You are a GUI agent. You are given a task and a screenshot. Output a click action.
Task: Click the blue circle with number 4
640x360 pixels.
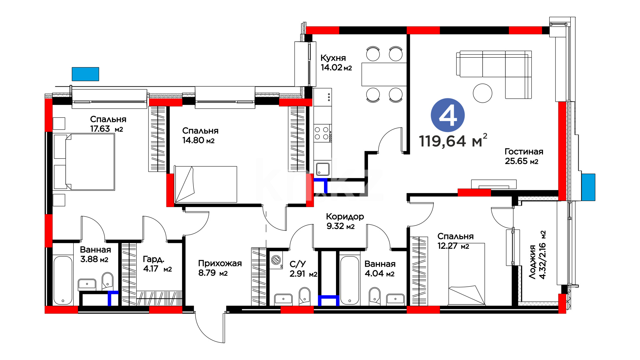(448, 115)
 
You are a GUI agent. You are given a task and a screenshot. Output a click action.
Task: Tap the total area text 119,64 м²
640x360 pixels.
(453, 140)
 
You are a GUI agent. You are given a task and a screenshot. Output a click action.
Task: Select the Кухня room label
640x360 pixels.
(333, 58)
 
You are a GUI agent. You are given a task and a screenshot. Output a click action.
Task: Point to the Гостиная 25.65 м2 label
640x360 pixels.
(524, 156)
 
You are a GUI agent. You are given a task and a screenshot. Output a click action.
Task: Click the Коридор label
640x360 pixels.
(345, 217)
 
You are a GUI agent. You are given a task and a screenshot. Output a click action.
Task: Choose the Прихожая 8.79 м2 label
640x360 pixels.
(220, 268)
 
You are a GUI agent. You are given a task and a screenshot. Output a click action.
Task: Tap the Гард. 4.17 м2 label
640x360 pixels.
(157, 264)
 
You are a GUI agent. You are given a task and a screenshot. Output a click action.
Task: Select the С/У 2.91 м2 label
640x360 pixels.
(303, 269)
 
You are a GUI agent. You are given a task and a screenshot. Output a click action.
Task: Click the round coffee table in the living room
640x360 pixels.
(482, 93)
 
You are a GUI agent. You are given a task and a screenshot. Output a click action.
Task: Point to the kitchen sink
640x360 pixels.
(322, 169)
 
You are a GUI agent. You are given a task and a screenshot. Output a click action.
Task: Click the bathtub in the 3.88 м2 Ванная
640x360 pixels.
(63, 280)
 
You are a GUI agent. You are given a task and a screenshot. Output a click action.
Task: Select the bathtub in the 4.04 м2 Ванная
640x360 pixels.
(349, 280)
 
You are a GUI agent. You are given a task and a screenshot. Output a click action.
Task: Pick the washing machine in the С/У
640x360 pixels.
(276, 260)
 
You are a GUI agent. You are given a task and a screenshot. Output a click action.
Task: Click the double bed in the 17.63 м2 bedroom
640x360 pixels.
(84, 162)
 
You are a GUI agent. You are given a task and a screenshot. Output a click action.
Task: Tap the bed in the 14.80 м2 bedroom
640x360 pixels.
(206, 184)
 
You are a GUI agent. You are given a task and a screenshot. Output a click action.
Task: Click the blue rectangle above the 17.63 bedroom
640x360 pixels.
(85, 74)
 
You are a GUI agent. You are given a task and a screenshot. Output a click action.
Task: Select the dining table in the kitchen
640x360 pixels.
(384, 74)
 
